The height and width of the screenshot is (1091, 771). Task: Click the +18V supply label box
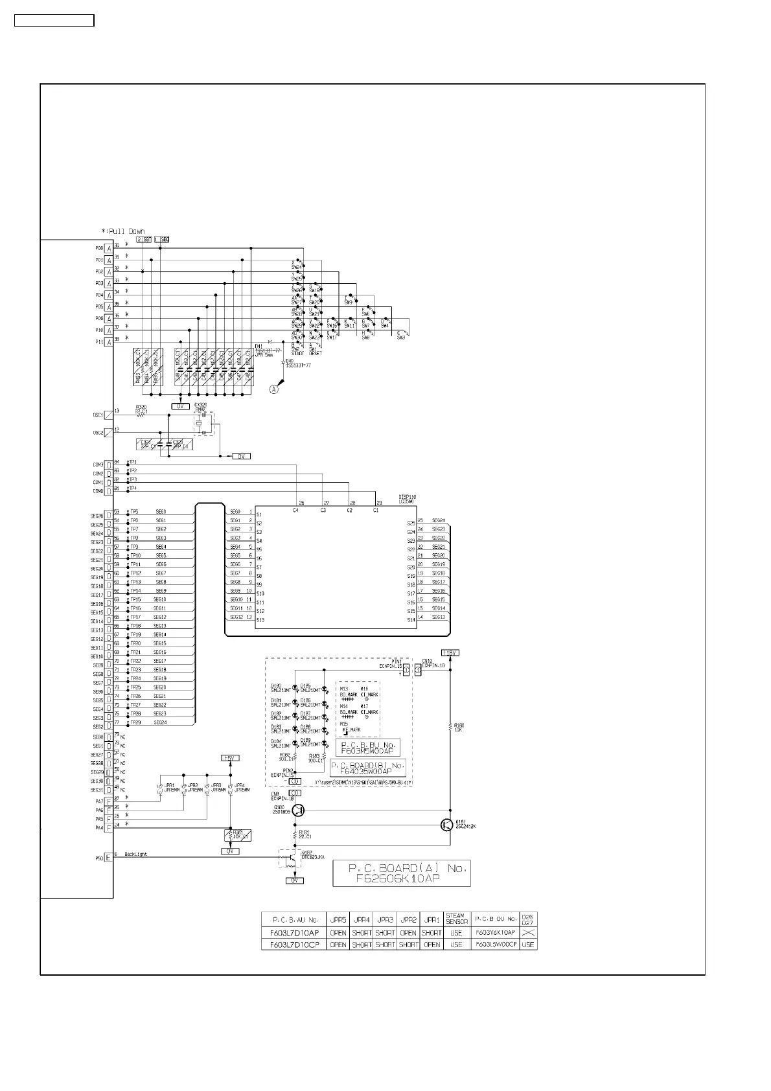click(x=450, y=652)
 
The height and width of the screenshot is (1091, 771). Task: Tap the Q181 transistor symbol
click(x=446, y=825)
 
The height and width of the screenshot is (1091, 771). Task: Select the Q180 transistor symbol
click(x=298, y=810)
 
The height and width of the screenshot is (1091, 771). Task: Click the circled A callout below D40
click(x=274, y=389)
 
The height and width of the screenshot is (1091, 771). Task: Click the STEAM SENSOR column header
click(x=457, y=919)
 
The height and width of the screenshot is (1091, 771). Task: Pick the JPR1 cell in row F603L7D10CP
click(x=432, y=945)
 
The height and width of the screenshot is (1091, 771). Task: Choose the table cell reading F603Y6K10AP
click(x=496, y=933)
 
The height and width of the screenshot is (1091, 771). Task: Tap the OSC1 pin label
click(x=98, y=415)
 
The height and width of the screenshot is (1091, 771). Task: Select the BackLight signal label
click(x=136, y=855)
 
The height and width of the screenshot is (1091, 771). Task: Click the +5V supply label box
click(x=229, y=757)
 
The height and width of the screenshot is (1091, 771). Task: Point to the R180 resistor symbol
click(x=450, y=727)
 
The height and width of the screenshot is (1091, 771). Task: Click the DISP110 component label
click(x=407, y=497)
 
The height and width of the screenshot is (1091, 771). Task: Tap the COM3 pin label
click(x=98, y=465)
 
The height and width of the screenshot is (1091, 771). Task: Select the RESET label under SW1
click(x=316, y=354)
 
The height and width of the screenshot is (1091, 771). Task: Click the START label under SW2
click(x=297, y=354)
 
